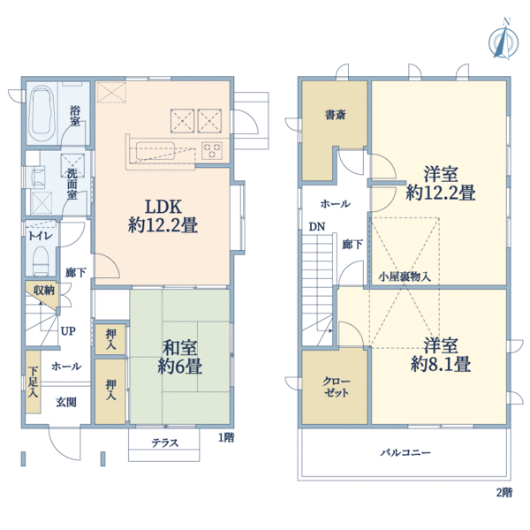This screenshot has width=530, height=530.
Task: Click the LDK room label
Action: (163, 199)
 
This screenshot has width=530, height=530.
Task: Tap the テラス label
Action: (165, 443)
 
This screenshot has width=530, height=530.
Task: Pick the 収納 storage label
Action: (44, 290)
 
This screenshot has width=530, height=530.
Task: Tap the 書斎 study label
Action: (334, 115)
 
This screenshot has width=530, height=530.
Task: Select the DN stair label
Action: (315, 226)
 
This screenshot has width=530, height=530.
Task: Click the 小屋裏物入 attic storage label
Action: (405, 276)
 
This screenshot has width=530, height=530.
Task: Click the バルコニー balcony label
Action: (405, 452)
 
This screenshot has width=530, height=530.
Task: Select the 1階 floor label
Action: (226, 437)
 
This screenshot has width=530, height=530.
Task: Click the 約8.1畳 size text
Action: (439, 363)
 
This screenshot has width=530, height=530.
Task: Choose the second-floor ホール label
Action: (335, 203)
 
